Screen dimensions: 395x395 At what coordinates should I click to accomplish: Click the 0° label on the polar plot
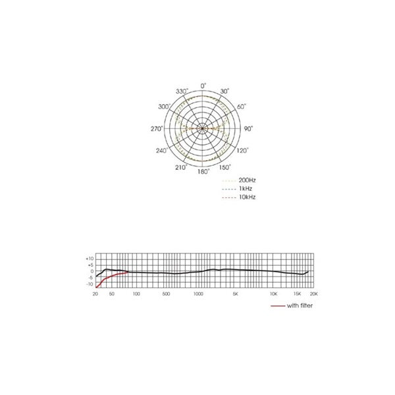(203, 86)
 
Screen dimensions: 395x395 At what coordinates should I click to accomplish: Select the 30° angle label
(225, 92)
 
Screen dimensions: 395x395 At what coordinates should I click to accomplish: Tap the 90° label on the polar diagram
(248, 129)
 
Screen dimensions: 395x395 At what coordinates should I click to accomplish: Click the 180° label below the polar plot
(204, 171)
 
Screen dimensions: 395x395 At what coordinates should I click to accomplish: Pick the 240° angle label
(161, 151)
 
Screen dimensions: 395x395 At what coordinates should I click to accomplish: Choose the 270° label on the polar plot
(156, 129)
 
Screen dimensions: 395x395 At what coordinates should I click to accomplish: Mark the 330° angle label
(182, 91)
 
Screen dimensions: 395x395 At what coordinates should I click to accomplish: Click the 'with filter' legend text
(300, 306)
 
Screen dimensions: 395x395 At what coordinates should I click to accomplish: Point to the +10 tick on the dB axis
(90, 258)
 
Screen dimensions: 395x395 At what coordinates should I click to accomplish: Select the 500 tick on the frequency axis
(167, 294)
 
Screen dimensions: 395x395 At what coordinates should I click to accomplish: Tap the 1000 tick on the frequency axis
(198, 294)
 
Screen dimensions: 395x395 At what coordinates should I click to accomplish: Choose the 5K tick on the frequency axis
(235, 294)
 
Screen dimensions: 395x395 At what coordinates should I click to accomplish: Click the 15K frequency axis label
(297, 294)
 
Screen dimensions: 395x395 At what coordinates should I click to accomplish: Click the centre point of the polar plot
(203, 128)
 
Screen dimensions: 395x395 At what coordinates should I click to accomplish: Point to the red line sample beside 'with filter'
(277, 307)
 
